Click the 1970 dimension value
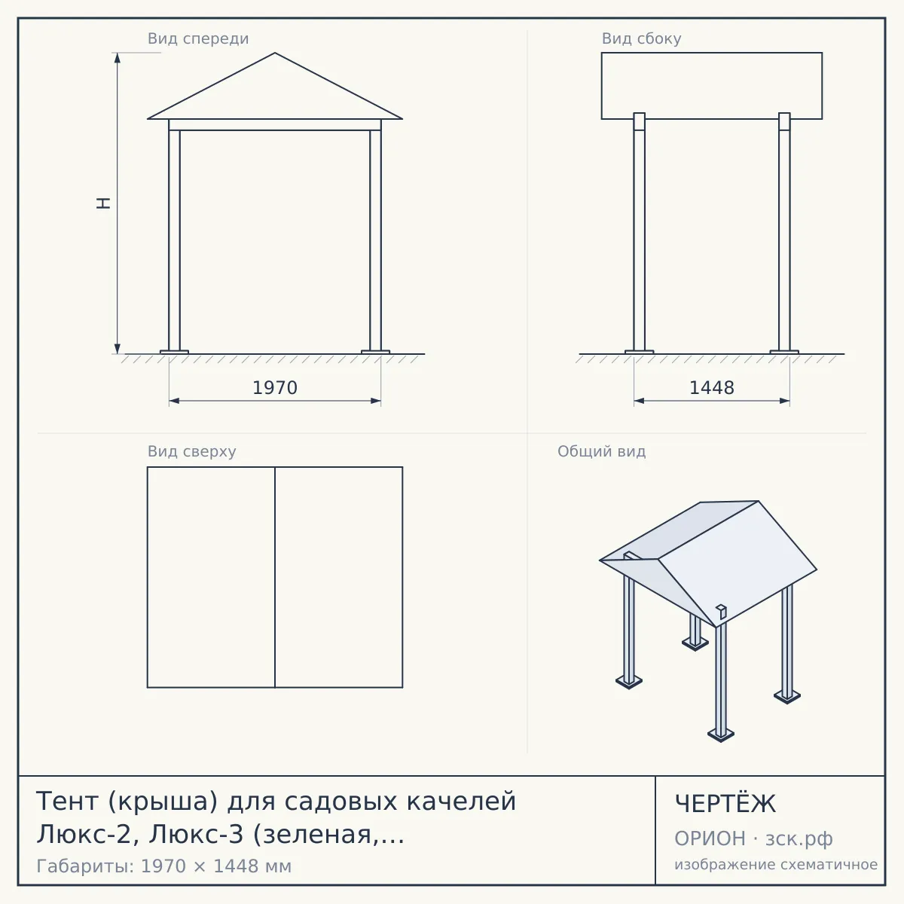[x=275, y=388]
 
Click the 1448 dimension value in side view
[x=712, y=388]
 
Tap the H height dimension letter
[x=104, y=203]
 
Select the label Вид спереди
[x=198, y=39]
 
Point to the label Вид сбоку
[x=641, y=39]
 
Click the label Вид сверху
[x=191, y=451]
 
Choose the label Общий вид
[x=601, y=451]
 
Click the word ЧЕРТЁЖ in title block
[x=725, y=804]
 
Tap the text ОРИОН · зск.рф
[x=753, y=839]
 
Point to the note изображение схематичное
[x=776, y=865]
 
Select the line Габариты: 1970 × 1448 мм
[x=163, y=866]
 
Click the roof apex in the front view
[x=275, y=53]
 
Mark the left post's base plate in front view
[x=174, y=352]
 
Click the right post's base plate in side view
[x=784, y=352]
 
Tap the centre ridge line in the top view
[x=275, y=577]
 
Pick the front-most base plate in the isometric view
[x=721, y=734]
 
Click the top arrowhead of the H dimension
[x=118, y=58]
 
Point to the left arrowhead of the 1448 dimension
[x=639, y=401]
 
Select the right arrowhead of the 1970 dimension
[x=376, y=401]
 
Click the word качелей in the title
[x=461, y=802]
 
